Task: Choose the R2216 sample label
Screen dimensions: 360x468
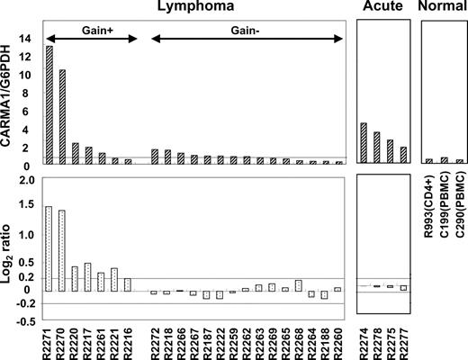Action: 127,337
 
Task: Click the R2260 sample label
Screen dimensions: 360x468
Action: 337,337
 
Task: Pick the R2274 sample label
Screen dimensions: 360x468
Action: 364,337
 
